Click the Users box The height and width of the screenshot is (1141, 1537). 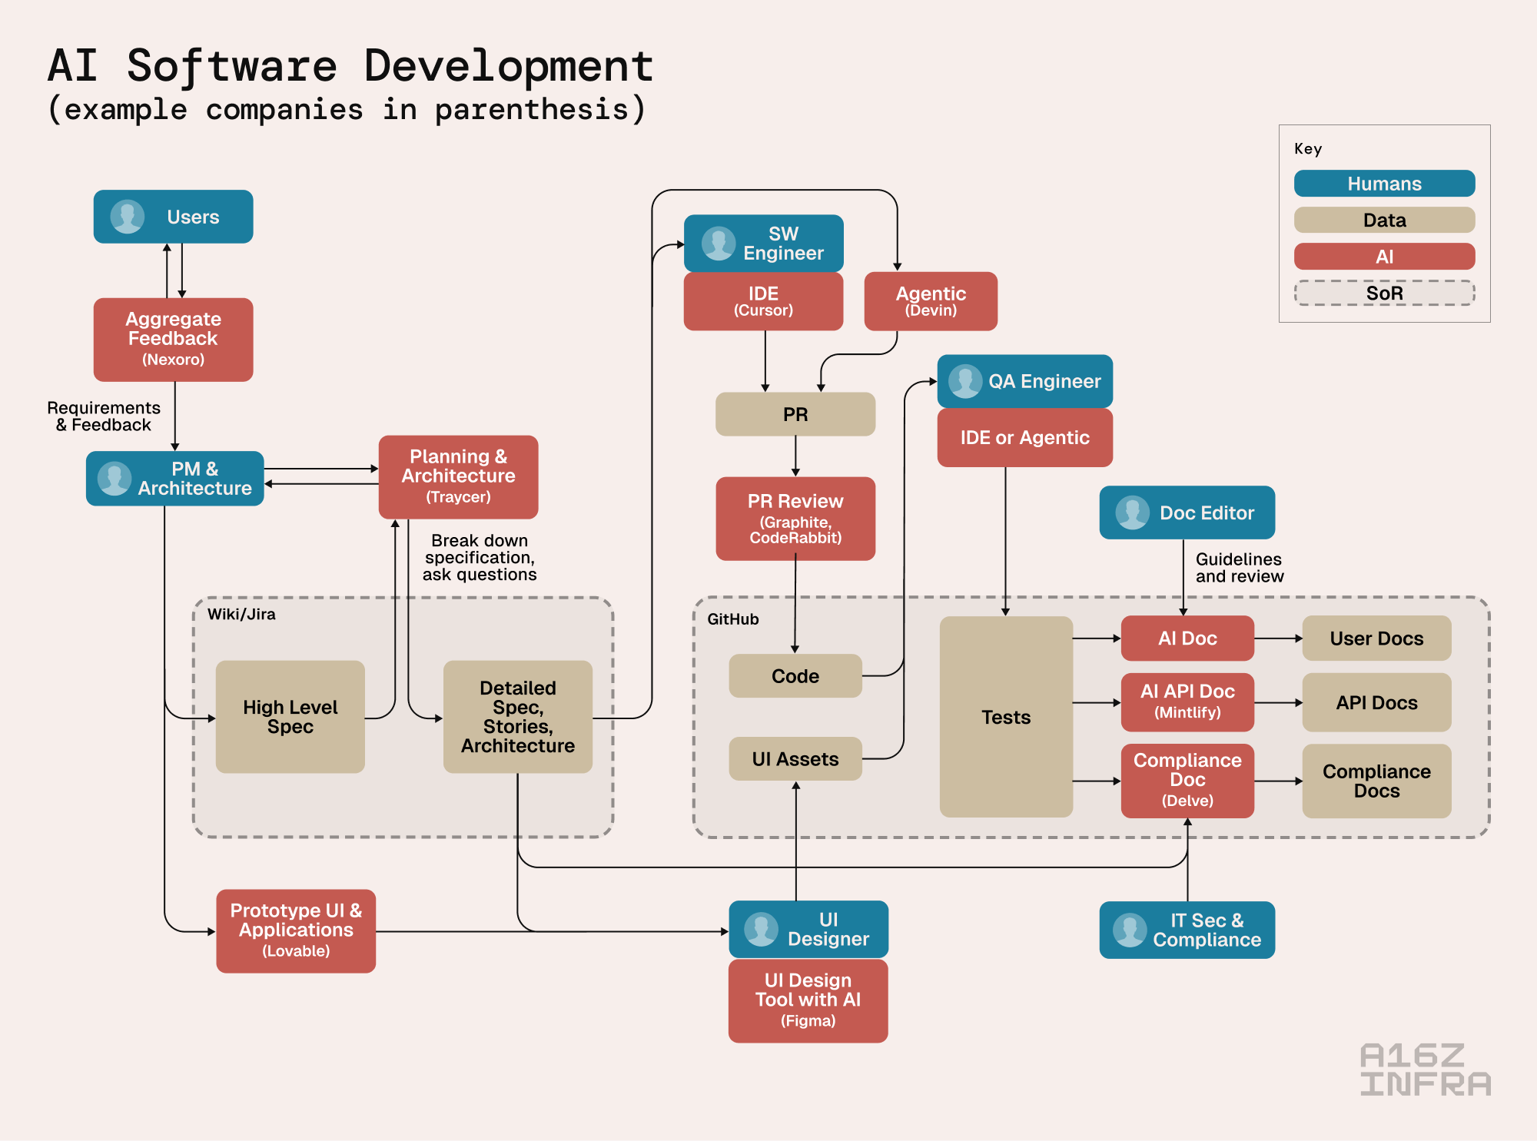point(173,217)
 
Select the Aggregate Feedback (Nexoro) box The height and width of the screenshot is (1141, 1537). point(173,339)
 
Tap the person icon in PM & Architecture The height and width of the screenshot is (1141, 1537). point(115,478)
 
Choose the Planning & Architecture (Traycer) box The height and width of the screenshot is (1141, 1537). point(458,476)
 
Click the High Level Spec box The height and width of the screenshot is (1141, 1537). point(290,716)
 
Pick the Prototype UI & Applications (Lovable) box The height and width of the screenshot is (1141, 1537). point(296,930)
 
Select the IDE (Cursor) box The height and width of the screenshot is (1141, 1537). point(763,301)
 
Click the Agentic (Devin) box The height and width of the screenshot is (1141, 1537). point(931,301)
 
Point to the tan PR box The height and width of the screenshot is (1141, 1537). point(795,414)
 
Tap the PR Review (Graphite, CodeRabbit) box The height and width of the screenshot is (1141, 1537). point(795,519)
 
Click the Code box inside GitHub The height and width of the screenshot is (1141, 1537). point(795,675)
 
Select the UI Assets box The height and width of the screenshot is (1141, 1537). point(795,758)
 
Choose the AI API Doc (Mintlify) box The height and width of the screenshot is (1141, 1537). point(1187,702)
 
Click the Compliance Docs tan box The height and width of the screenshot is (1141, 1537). point(1376,781)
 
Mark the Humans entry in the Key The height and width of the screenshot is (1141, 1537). point(1384,184)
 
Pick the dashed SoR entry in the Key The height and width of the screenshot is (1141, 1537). point(1384,293)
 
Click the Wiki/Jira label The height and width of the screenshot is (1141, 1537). point(241,614)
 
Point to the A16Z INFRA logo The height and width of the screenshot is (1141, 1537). point(1425,1069)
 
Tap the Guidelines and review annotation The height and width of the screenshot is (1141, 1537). point(1239,568)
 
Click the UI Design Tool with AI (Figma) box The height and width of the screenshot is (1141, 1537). point(808,1000)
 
